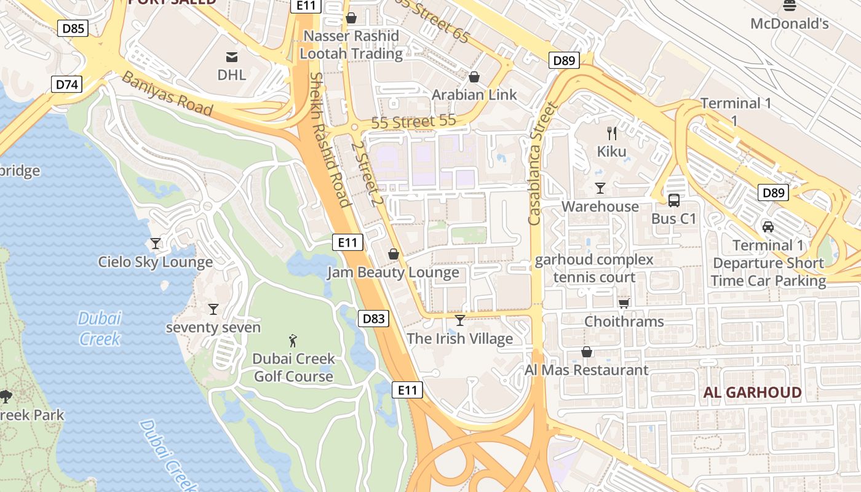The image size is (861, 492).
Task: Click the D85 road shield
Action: pos(73,28)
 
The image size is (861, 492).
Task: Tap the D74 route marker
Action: pos(66,84)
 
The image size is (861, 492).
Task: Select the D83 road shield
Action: pos(373,319)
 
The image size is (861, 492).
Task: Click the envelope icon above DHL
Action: pos(232,57)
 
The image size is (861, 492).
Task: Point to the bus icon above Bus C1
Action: pos(674,200)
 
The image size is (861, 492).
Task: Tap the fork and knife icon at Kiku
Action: pos(612,133)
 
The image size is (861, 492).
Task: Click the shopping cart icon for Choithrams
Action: pos(624,303)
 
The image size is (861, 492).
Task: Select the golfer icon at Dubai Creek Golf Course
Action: pos(293,340)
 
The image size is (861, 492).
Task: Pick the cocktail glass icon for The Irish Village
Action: pos(460,320)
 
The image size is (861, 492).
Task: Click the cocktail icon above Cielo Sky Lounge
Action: pos(156,244)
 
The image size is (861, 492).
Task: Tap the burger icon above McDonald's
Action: pos(790,6)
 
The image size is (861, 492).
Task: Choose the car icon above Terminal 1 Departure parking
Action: pos(768,227)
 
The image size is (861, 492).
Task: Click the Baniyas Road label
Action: pos(167,94)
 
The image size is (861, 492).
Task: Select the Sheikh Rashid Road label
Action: pos(330,140)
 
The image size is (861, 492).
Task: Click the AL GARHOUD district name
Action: pos(752,392)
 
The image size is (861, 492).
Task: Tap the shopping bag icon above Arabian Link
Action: pos(474,77)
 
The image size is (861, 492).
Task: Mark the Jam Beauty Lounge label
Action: pos(393,272)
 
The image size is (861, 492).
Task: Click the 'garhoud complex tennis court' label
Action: pos(594,268)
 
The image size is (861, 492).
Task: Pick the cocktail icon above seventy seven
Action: pos(213,309)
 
